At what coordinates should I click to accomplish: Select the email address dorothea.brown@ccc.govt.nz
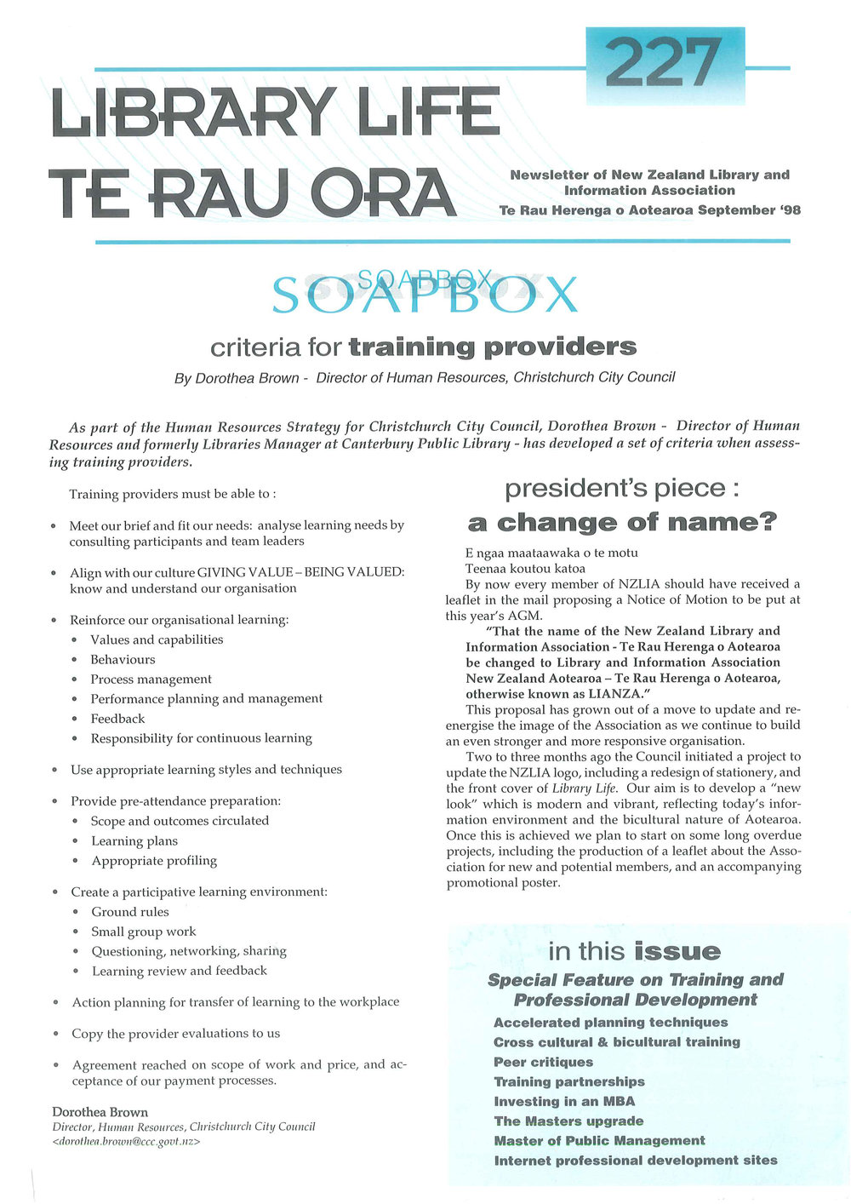(126, 1142)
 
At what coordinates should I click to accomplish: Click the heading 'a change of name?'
(623, 522)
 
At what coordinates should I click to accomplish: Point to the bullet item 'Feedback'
(117, 719)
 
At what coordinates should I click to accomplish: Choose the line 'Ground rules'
(130, 912)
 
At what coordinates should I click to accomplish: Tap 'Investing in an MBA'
(564, 1101)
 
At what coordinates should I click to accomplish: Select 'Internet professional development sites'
(635, 1160)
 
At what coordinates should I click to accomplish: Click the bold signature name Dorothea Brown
(100, 1112)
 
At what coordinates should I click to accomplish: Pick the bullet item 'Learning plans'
(134, 841)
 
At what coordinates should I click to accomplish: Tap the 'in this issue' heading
(634, 951)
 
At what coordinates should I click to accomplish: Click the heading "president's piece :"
(621, 489)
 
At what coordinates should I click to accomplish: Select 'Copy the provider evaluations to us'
(175, 1034)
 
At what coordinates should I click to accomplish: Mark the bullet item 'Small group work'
(143, 932)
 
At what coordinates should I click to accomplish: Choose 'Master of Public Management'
(599, 1140)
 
